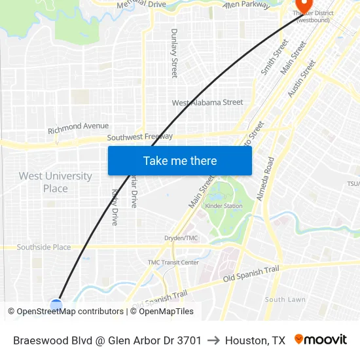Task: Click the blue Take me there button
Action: (180, 160)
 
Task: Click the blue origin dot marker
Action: (56, 304)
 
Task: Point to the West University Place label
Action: (55, 182)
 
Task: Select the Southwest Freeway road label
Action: (139, 137)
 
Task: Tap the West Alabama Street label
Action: (207, 103)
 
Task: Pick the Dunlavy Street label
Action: (174, 53)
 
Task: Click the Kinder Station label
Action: (224, 206)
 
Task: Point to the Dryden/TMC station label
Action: (181, 238)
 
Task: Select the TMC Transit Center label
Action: (173, 262)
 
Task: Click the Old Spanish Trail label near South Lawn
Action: (251, 274)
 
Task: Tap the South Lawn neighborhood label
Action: (285, 299)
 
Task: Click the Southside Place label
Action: (44, 247)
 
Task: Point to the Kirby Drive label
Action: (115, 207)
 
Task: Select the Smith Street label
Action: (274, 56)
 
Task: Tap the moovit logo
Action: (320, 340)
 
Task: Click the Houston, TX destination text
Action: (255, 340)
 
